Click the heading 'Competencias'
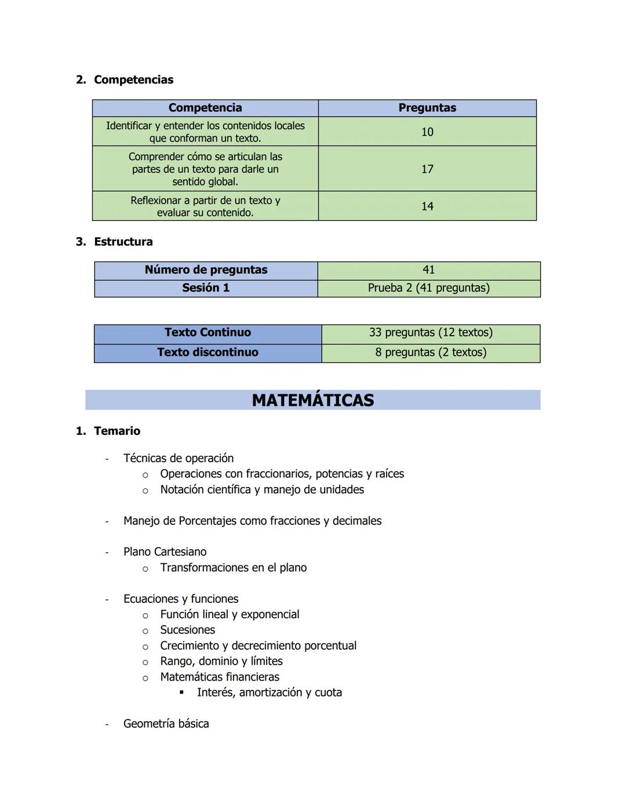point(133,79)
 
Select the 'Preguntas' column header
point(427,108)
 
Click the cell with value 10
point(427,132)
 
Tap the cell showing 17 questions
point(427,169)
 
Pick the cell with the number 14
point(427,206)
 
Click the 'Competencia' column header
point(205,108)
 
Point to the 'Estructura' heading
point(123,242)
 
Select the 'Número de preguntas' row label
point(206,270)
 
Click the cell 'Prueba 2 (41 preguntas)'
point(428,288)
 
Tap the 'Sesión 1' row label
point(206,288)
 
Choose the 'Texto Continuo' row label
point(208,332)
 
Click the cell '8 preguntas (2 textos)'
point(431,352)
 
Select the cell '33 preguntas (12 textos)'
point(431,332)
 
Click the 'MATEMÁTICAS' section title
point(313,400)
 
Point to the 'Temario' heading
point(117,431)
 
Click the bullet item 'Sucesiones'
point(187,630)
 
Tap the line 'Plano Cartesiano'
point(165,551)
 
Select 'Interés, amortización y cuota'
point(269,692)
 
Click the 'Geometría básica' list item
point(166,724)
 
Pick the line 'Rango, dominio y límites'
point(221,661)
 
